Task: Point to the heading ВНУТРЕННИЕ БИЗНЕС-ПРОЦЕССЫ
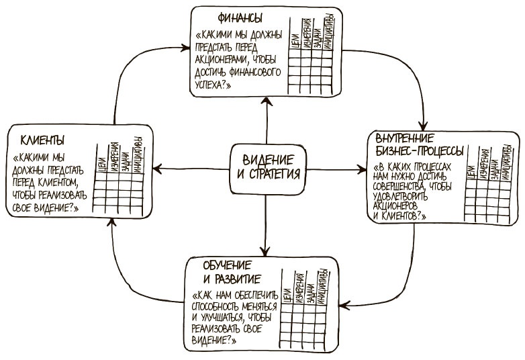[x=416, y=142]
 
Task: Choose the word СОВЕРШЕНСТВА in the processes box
[x=403, y=186]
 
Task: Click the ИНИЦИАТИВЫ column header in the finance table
[x=328, y=32]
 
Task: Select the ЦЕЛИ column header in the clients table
[x=100, y=162]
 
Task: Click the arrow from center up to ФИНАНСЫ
[x=267, y=121]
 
